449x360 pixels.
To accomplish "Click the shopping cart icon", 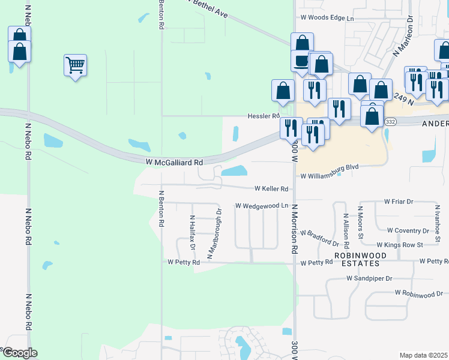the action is (75, 65).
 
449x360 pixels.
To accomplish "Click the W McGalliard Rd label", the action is (174, 162).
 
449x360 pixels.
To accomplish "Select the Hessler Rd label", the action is (264, 116).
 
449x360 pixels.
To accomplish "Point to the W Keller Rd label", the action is (271, 188).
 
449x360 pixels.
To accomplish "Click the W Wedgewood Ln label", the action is (262, 205).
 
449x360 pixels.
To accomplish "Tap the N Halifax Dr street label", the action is (193, 233).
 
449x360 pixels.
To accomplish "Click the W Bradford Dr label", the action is (320, 237).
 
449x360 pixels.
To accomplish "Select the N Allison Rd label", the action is (346, 230).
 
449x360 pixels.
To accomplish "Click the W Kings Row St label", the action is (400, 245).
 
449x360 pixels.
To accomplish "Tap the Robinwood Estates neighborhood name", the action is (357, 259).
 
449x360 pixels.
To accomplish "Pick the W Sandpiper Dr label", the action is (369, 278).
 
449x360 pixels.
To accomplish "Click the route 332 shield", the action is (389, 121).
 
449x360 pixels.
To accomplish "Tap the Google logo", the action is (19, 353).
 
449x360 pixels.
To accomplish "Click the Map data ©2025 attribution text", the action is (424, 355).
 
